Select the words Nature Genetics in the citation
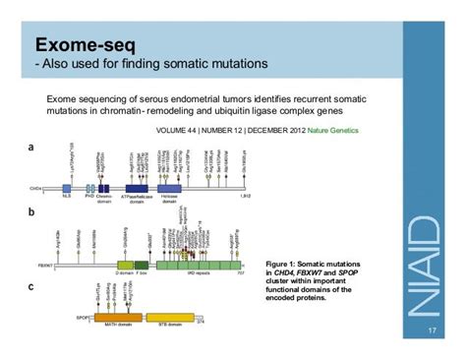(331, 130)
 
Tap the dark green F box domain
(142, 265)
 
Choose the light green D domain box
(125, 265)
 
